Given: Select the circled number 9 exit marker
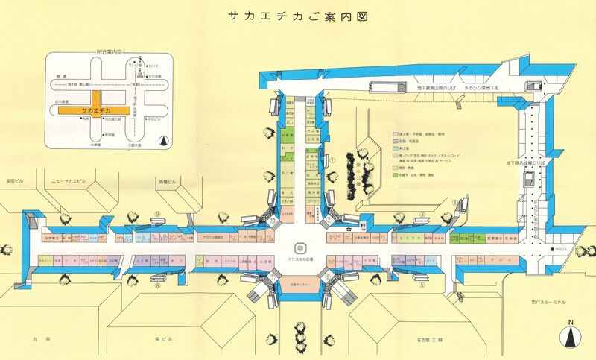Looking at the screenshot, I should (158, 212).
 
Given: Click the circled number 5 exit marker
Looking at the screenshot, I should (422, 285).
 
